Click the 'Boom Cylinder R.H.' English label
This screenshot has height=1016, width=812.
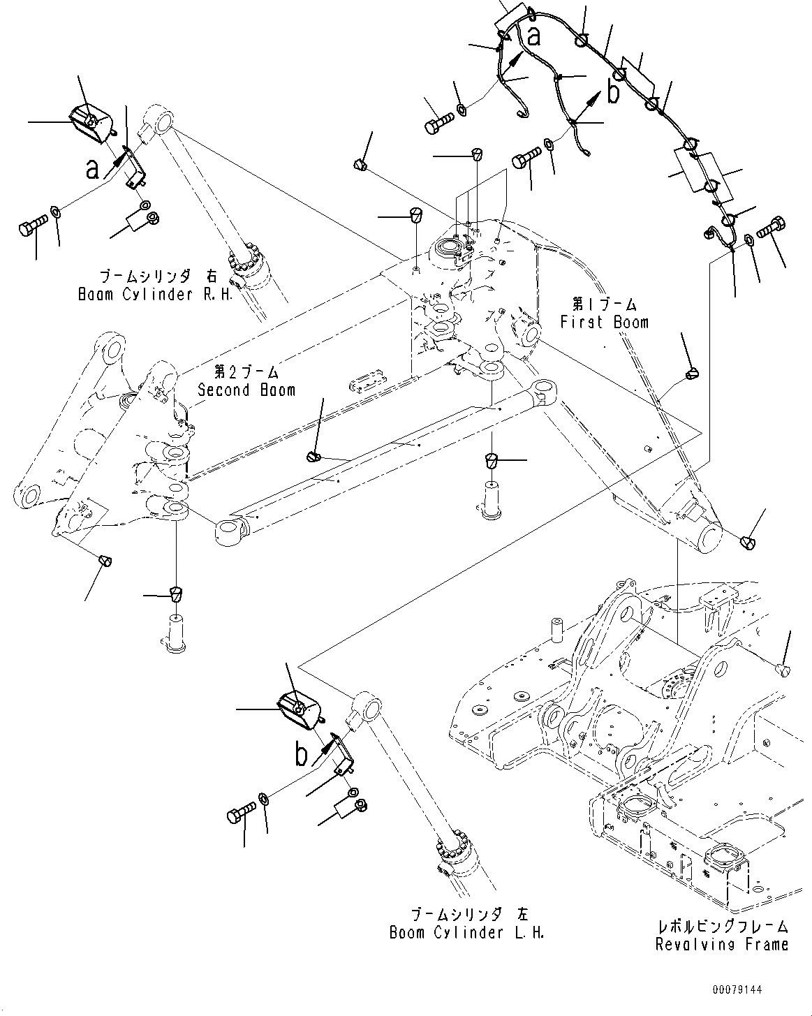pyautogui.click(x=145, y=294)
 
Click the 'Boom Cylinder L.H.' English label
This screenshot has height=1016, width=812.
pyautogui.click(x=466, y=932)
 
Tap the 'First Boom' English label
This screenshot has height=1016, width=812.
pyautogui.click(x=604, y=322)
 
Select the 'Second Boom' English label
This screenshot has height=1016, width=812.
pyautogui.click(x=246, y=390)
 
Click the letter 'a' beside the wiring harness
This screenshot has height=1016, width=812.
pyautogui.click(x=534, y=36)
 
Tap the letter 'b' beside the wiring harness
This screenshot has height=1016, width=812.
pyautogui.click(x=613, y=91)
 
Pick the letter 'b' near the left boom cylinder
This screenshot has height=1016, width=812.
pyautogui.click(x=302, y=755)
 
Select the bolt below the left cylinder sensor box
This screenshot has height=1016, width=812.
pyautogui.click(x=240, y=813)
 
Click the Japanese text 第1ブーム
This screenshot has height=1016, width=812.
pyautogui.click(x=604, y=304)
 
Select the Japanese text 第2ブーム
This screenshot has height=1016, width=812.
pyautogui.click(x=246, y=372)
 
